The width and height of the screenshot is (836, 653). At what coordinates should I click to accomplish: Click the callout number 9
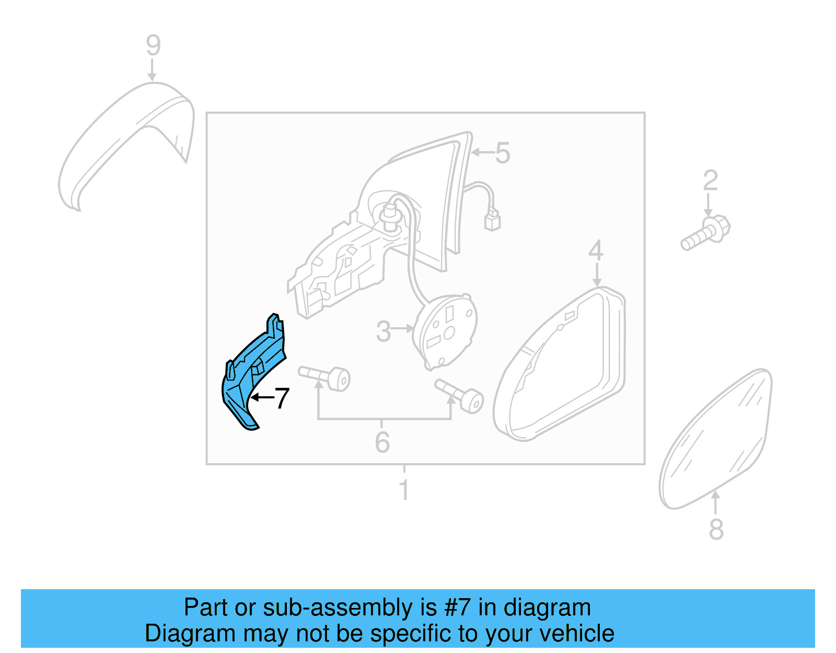(153, 45)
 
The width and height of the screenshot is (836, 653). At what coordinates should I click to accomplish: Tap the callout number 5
(502, 153)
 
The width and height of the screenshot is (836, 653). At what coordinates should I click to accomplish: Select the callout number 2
(710, 181)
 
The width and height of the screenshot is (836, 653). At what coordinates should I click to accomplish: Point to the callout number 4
(596, 251)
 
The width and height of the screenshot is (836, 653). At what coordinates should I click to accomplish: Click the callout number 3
(384, 331)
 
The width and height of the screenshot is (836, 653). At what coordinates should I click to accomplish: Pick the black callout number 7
(282, 398)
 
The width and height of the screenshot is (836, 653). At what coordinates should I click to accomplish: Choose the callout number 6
(382, 442)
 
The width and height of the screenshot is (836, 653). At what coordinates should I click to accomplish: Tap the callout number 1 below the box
(404, 490)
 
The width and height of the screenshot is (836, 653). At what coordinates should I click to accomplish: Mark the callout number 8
(716, 529)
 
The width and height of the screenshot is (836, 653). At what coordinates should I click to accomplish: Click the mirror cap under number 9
(125, 141)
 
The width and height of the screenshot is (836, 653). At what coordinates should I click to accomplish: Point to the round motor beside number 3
(445, 329)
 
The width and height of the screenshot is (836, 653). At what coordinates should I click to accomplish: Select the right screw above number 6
(460, 395)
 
